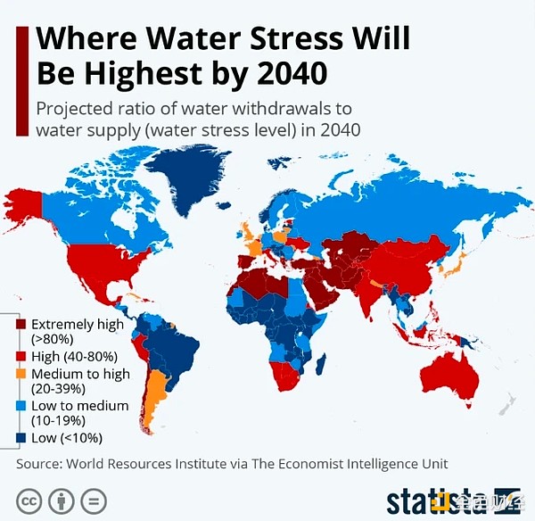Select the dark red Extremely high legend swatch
[x=21, y=325]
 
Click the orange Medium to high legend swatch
[x=21, y=374]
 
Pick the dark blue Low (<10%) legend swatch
[x=21, y=438]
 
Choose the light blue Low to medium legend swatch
[x=21, y=406]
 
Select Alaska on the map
[x=24, y=207]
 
